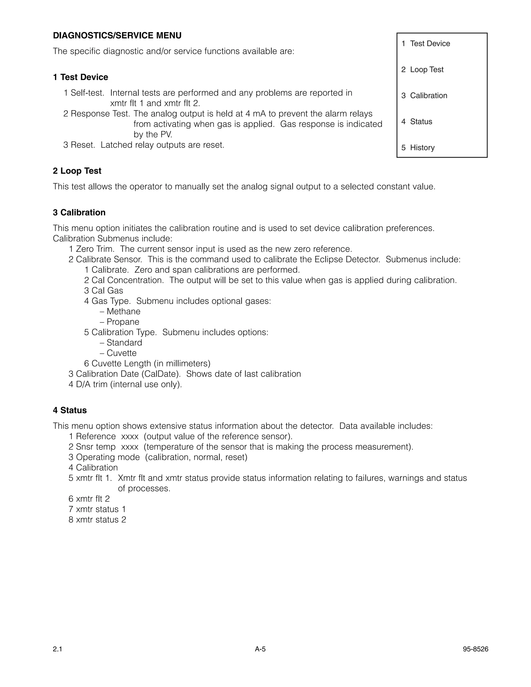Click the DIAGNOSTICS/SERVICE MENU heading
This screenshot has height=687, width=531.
click(x=117, y=36)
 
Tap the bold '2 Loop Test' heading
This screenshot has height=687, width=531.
click(x=77, y=171)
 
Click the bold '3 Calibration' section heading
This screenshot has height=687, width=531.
click(x=79, y=212)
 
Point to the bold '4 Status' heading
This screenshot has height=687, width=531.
click(x=69, y=410)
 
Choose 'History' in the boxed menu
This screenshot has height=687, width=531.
click(x=422, y=148)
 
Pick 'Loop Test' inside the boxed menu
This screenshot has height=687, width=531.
click(x=427, y=69)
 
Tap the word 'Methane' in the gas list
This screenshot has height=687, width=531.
click(x=123, y=311)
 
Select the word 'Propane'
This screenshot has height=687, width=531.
click(x=123, y=322)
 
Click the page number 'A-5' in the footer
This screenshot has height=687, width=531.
click(x=260, y=649)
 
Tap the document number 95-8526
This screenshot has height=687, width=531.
click(x=475, y=649)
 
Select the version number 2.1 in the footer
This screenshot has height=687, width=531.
click(x=58, y=649)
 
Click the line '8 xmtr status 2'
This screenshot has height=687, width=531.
click(x=97, y=520)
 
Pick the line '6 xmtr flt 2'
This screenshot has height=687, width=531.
click(x=89, y=499)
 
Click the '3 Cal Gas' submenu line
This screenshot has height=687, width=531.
click(x=103, y=291)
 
